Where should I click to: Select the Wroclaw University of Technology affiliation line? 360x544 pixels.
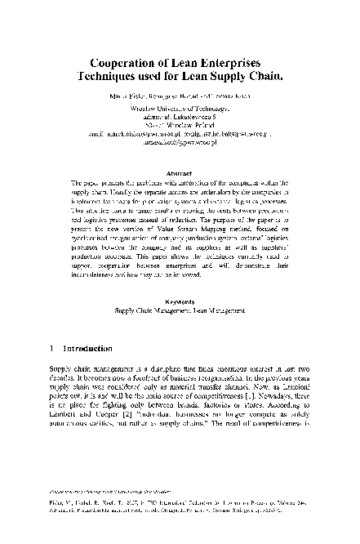click(180, 109)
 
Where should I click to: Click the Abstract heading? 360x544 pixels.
click(180, 173)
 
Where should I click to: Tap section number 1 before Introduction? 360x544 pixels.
click(53, 349)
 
